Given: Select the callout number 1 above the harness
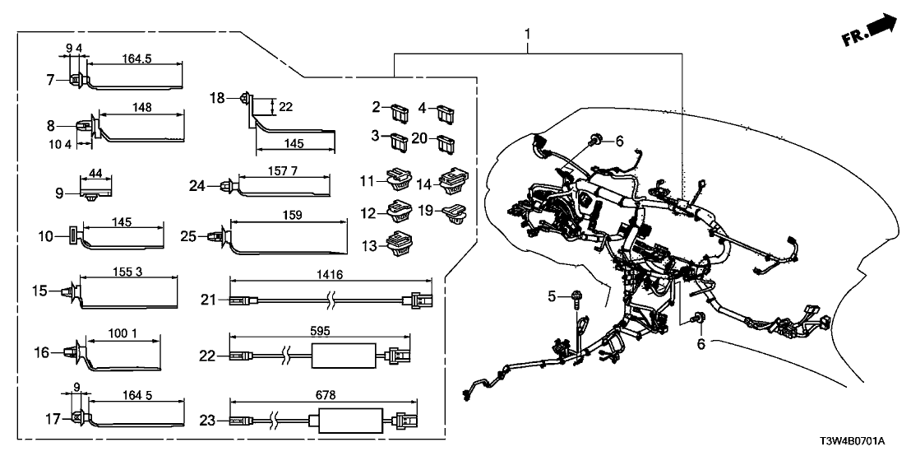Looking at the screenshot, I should [x=528, y=35].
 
